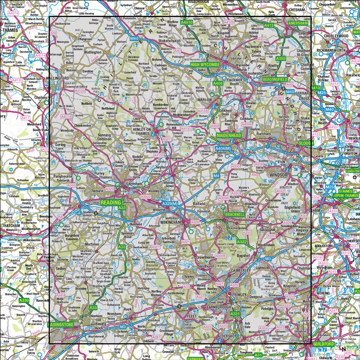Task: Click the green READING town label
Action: (x=111, y=203)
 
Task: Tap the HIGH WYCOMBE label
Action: (x=205, y=64)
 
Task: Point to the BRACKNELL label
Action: (x=234, y=215)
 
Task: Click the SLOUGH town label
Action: (x=305, y=143)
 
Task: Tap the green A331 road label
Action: (x=235, y=314)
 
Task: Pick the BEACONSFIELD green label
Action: (x=275, y=79)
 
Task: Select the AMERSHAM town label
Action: (x=298, y=23)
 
